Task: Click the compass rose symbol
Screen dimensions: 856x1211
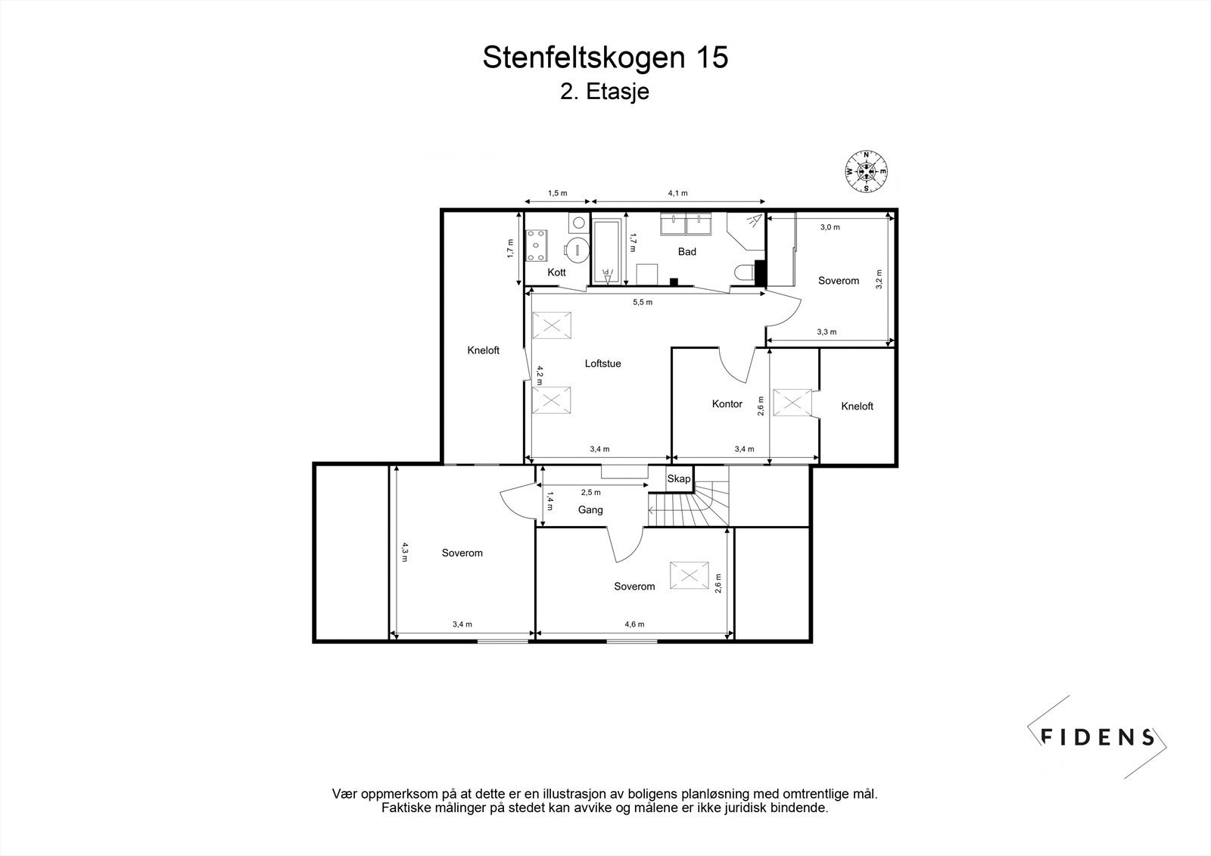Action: [866, 172]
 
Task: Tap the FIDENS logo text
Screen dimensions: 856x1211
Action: [1097, 737]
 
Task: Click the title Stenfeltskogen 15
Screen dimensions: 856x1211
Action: [605, 58]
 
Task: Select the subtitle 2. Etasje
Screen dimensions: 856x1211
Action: [605, 92]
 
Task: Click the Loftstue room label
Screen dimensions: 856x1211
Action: [602, 363]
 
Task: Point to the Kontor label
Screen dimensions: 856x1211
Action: [727, 404]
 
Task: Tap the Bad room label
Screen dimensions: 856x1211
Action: [686, 251]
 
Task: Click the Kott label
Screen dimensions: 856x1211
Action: [556, 272]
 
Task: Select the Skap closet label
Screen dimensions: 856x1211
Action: [678, 478]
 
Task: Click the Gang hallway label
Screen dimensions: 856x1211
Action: [590, 510]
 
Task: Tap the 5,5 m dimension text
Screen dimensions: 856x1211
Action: [643, 302]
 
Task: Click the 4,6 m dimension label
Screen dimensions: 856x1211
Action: [634, 624]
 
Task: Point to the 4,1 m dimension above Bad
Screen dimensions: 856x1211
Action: [677, 193]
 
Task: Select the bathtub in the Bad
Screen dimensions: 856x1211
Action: [607, 251]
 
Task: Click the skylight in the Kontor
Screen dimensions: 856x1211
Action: [792, 402]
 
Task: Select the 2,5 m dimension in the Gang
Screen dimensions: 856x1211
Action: [590, 493]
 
